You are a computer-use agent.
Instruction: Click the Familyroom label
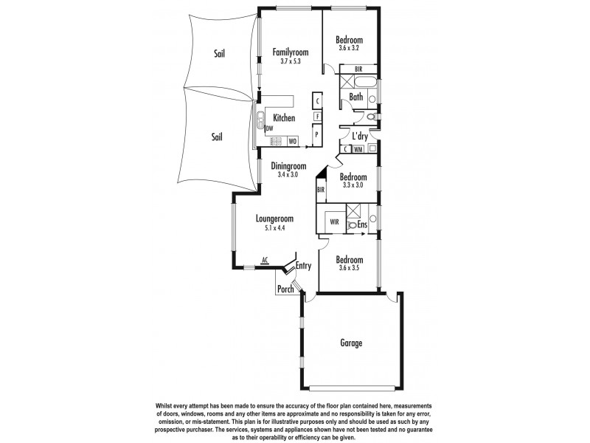click(x=290, y=52)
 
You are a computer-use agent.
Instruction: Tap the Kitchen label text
click(x=284, y=118)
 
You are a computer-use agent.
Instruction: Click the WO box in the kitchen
click(x=292, y=140)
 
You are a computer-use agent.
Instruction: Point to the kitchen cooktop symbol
click(x=270, y=140)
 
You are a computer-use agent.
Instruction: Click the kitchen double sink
click(x=260, y=116)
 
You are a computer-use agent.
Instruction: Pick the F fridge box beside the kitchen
click(x=316, y=117)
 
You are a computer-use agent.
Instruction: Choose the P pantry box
click(x=316, y=134)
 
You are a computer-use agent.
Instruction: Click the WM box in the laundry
click(x=358, y=149)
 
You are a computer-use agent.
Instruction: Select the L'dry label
click(x=359, y=137)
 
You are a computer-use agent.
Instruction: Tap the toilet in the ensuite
click(x=352, y=224)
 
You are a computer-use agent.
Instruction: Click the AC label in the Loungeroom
click(x=264, y=260)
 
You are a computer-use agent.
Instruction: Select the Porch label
click(x=286, y=289)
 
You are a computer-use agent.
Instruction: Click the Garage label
click(x=351, y=343)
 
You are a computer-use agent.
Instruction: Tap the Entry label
click(x=302, y=266)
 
